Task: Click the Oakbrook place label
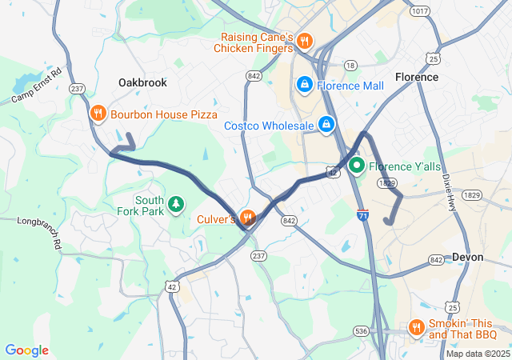[x=142, y=82]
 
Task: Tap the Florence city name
[x=417, y=77]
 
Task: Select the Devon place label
[x=468, y=257]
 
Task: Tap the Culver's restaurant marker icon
[x=248, y=217]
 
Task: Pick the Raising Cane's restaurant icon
[x=304, y=41]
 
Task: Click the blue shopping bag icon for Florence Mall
[x=304, y=84]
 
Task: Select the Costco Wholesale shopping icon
[x=326, y=125]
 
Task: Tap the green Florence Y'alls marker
[x=355, y=166]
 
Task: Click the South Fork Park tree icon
[x=176, y=205]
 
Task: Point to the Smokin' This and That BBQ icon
[x=416, y=327]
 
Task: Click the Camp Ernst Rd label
[x=37, y=86]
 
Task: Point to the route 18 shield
[x=350, y=64]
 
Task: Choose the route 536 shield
[x=361, y=330]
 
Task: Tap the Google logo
[x=26, y=350]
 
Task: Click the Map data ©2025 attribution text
[x=478, y=354]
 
